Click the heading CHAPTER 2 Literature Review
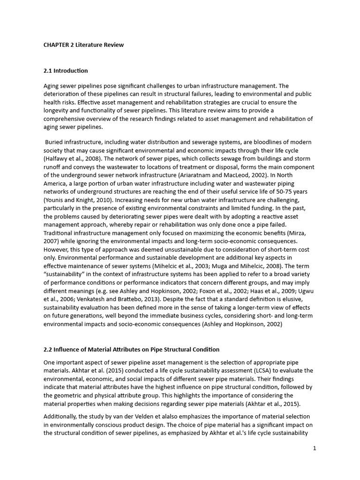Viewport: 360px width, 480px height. point(83,45)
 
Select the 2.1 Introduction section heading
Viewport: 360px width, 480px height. point(66,71)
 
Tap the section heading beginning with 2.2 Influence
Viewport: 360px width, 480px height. point(131,349)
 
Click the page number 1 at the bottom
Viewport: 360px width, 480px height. point(315,448)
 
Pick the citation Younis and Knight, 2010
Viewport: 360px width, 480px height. point(76,201)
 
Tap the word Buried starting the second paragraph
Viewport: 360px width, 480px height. point(56,142)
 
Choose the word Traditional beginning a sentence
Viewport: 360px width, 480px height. point(59,232)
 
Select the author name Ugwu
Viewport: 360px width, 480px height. point(304,291)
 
